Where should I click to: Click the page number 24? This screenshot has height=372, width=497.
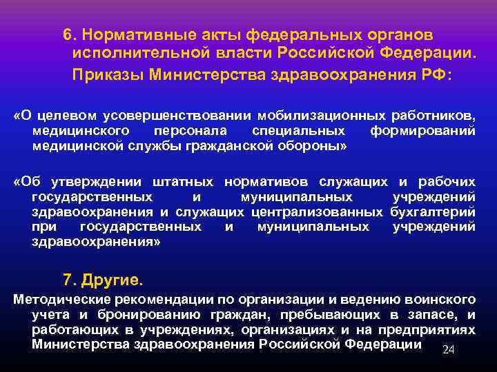tap(448, 351)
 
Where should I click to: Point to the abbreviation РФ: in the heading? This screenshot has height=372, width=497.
tap(433, 74)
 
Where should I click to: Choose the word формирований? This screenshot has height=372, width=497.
tap(422, 130)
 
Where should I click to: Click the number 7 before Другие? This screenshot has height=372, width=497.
tap(68, 280)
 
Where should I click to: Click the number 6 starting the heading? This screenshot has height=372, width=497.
tap(67, 34)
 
